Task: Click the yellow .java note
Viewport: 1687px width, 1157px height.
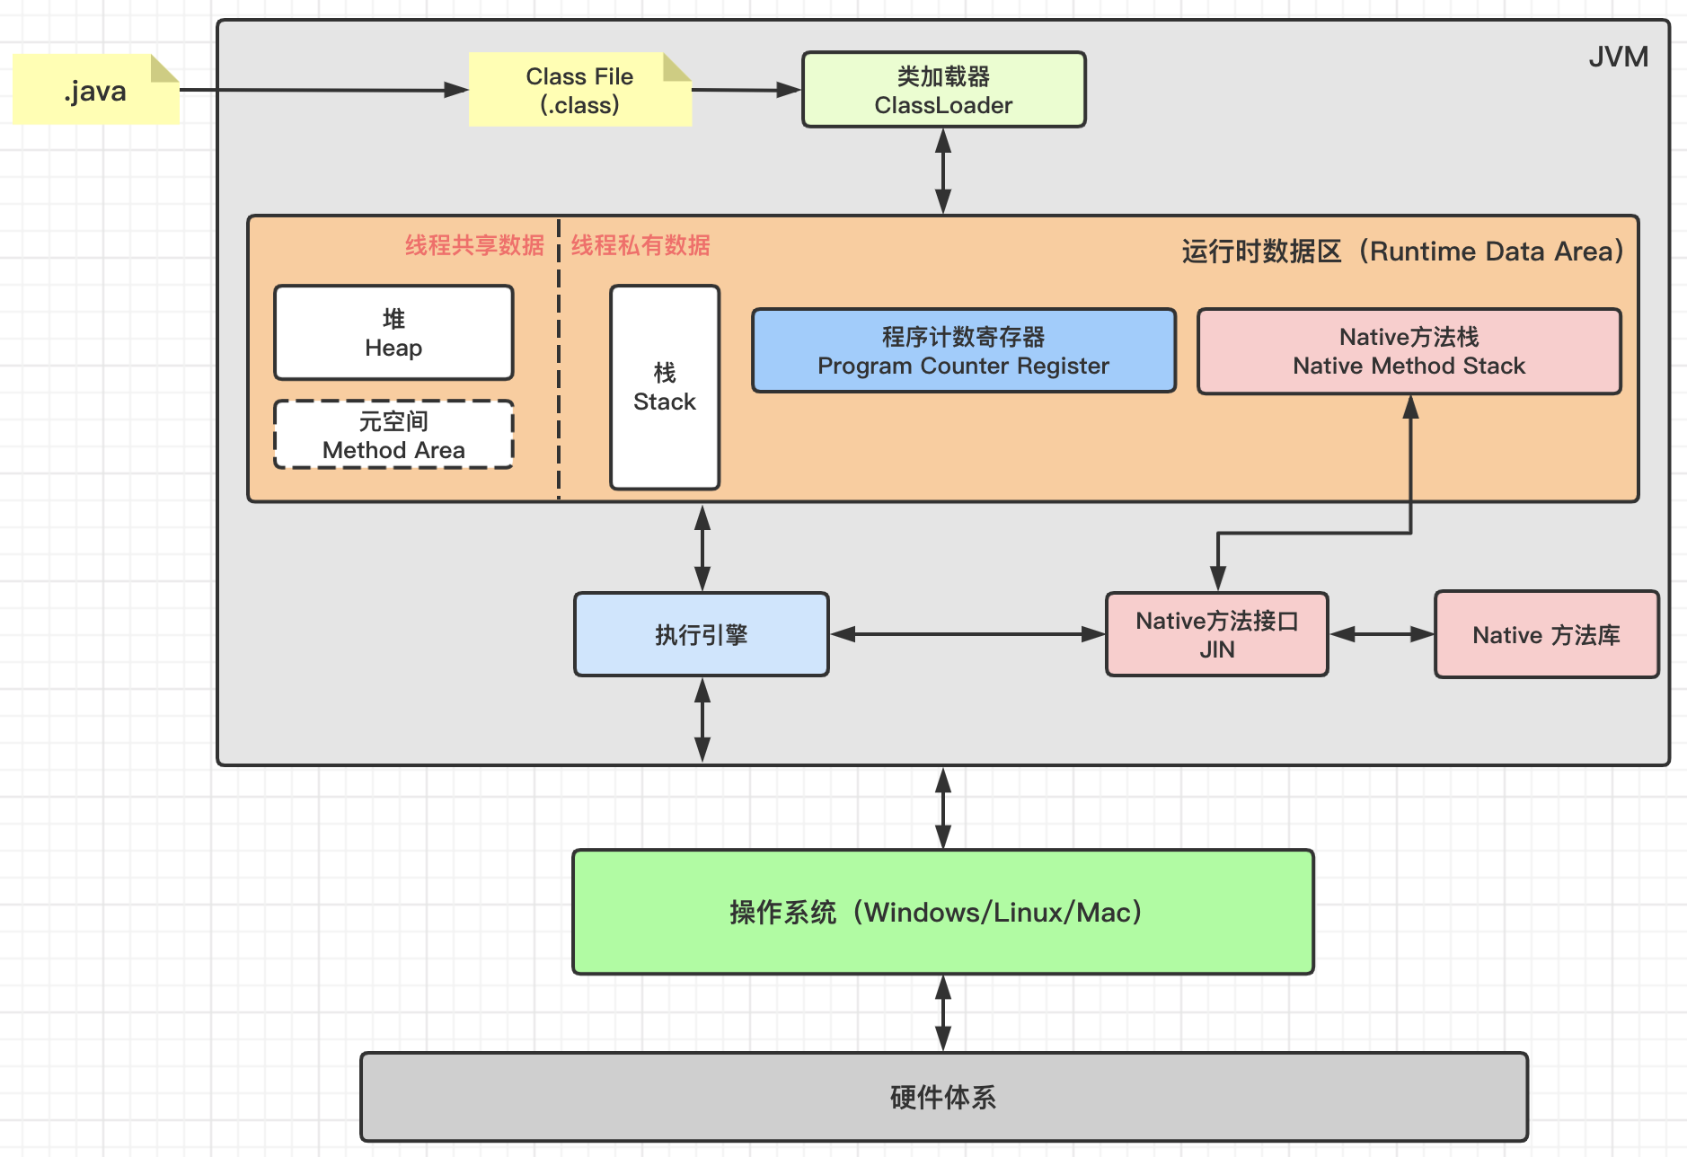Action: [96, 89]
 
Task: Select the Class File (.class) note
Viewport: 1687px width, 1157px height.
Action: [580, 89]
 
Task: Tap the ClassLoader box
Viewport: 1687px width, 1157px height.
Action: [943, 90]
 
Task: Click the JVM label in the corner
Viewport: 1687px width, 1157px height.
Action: [1618, 57]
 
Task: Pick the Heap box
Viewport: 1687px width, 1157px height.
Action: [393, 332]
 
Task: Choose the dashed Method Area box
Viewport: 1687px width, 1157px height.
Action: [393, 435]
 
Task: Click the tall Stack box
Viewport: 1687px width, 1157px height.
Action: [665, 387]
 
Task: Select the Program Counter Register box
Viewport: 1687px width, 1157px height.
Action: [964, 350]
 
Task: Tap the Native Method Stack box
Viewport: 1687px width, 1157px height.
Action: [1409, 351]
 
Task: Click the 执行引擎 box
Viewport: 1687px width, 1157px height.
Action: [702, 634]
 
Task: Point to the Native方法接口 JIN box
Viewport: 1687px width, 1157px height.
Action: [1217, 634]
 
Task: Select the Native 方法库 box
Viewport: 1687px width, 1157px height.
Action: [1546, 634]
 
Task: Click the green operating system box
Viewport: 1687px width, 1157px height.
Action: [943, 912]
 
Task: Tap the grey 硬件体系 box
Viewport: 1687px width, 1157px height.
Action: [943, 1097]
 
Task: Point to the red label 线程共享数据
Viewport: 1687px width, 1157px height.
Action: [474, 245]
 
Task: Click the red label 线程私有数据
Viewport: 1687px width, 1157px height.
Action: [640, 245]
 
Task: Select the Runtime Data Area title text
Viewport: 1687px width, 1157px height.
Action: [1402, 251]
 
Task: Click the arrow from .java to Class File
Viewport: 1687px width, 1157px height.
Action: [324, 90]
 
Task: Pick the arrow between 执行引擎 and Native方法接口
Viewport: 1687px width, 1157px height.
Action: [967, 634]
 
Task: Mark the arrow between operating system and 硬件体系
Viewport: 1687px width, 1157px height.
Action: [943, 1013]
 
